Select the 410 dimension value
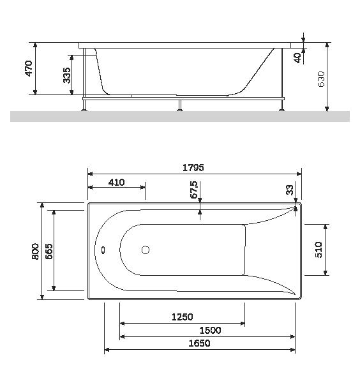(x=116, y=182)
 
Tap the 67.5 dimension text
(x=194, y=190)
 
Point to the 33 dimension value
(x=290, y=190)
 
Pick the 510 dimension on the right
(x=319, y=249)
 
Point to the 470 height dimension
(x=28, y=69)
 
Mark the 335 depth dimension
(x=67, y=75)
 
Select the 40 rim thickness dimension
(x=298, y=57)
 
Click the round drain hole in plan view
(x=146, y=251)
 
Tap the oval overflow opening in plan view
(x=102, y=251)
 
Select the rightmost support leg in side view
(x=280, y=104)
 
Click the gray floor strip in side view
(x=180, y=116)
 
